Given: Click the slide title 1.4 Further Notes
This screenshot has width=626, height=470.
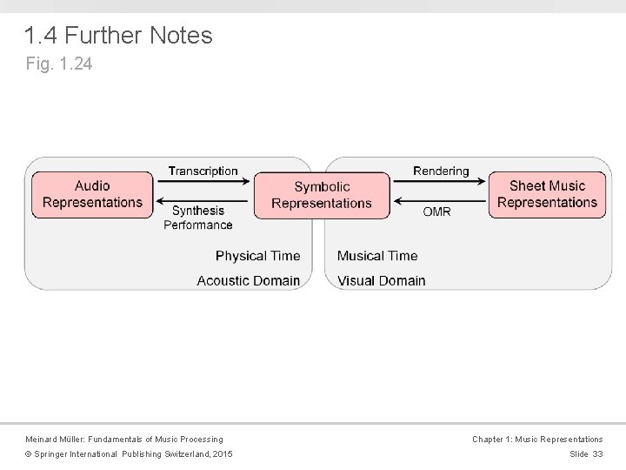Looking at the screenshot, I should click(118, 36).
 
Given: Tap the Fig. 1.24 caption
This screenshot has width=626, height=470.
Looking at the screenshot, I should click(58, 64).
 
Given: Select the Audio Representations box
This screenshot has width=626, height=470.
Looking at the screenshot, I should click(92, 194).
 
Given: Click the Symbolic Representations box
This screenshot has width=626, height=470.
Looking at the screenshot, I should click(321, 195).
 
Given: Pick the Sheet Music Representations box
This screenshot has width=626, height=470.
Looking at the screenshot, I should click(547, 194).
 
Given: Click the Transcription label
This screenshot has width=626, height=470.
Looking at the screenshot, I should click(203, 171).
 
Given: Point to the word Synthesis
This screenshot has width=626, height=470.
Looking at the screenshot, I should click(197, 210).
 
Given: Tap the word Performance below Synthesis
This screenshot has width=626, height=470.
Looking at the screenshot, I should click(197, 225).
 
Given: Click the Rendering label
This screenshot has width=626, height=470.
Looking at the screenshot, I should click(440, 171).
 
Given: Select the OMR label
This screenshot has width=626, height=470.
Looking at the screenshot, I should click(436, 211).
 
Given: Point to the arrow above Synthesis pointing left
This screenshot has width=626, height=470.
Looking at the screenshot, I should click(203, 199).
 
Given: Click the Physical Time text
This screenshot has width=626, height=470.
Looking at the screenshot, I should click(257, 256).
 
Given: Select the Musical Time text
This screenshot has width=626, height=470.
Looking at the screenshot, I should click(377, 256).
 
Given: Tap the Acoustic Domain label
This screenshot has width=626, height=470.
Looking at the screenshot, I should click(248, 280).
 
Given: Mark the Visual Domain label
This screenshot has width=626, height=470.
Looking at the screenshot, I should click(382, 280).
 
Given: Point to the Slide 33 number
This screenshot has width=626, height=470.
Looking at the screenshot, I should click(586, 455).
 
